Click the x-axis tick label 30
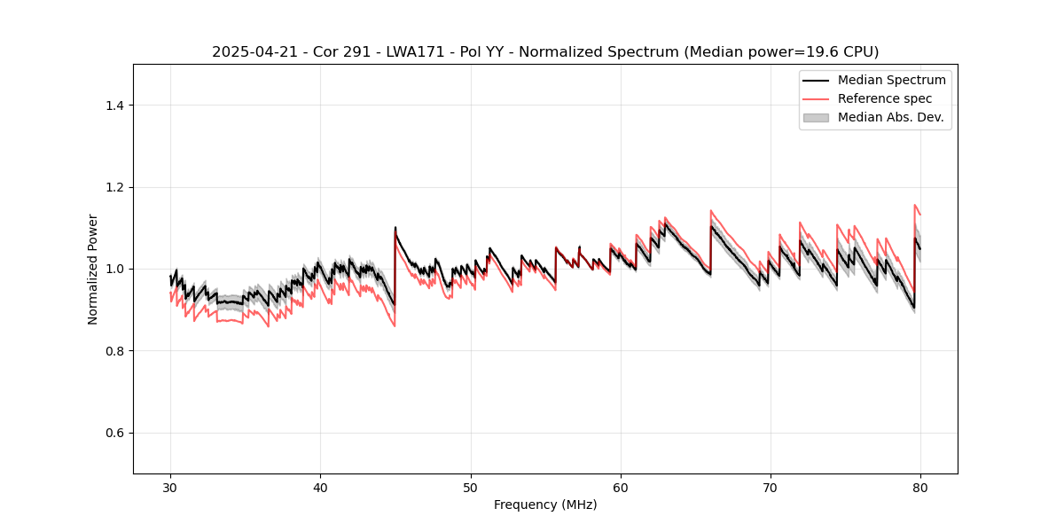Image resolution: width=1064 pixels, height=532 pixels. coord(170,488)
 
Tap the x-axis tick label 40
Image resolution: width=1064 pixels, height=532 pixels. coord(320,488)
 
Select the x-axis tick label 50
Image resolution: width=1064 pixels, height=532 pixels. coord(470,488)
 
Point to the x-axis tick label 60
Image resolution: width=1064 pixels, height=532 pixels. coord(621,488)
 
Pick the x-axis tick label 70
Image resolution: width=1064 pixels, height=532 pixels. coord(771,488)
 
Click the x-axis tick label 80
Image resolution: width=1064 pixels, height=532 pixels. coord(920,488)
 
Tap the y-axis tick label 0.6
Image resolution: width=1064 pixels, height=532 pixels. coord(114,433)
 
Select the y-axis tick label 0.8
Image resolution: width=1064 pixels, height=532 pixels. coord(114,351)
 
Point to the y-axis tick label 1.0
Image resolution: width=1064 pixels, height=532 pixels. coord(114,269)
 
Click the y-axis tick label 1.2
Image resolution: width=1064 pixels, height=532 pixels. coord(114,187)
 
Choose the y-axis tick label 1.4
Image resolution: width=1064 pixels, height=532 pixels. coord(114,106)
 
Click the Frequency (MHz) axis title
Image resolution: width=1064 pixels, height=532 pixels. coord(545,505)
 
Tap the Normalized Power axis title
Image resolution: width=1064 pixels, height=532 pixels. coord(93,269)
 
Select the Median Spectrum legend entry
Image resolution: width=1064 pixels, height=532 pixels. coord(891,80)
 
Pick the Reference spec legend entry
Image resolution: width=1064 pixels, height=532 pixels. coord(884,98)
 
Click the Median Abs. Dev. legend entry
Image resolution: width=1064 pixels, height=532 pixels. coord(890,117)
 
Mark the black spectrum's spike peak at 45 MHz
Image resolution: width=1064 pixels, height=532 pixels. coord(395,228)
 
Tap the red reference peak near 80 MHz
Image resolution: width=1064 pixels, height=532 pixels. coord(915,206)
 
